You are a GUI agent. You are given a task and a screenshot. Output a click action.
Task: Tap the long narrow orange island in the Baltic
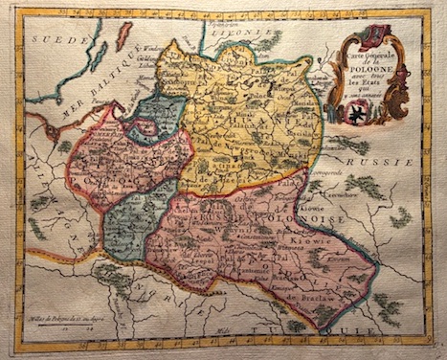pos(123,36)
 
